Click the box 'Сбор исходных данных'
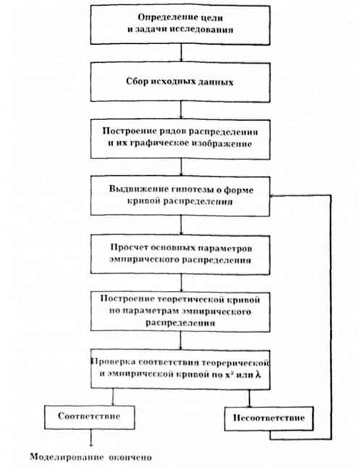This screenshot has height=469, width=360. pyautogui.click(x=180, y=82)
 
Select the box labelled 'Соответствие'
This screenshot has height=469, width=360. pyautogui.click(x=90, y=418)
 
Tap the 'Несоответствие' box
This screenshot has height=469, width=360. pyautogui.click(x=269, y=418)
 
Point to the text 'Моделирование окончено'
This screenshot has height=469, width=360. pyautogui.click(x=91, y=457)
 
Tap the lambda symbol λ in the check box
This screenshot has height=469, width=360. pyautogui.click(x=258, y=374)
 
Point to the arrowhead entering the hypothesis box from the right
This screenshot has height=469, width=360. pyautogui.click(x=273, y=196)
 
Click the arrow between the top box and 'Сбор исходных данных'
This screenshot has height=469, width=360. pyautogui.click(x=181, y=54)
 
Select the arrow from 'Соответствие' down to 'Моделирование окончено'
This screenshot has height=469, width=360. pyautogui.click(x=91, y=438)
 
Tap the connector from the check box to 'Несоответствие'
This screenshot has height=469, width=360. pyautogui.click(x=249, y=397)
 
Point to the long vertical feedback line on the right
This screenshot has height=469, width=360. pyautogui.click(x=331, y=317)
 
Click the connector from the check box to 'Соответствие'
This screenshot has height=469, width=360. pyautogui.click(x=113, y=397)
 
